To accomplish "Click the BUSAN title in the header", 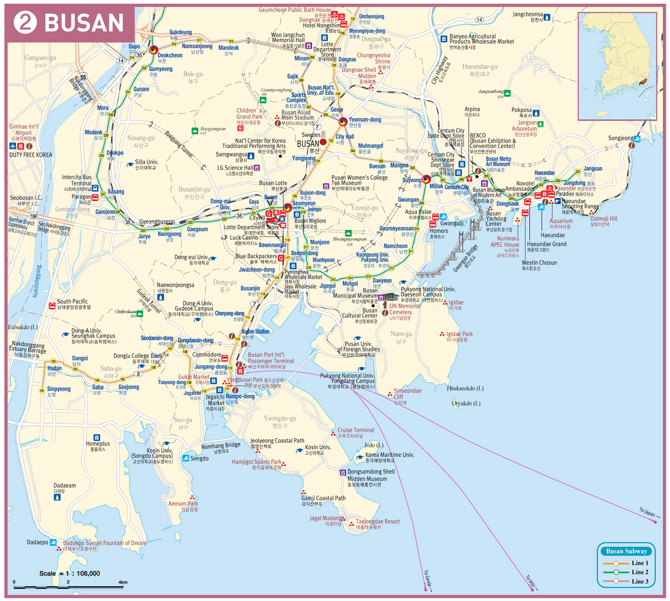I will [84, 23].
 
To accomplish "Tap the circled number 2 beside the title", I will [25, 23].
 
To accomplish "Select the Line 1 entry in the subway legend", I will [626, 563].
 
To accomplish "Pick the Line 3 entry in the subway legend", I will [626, 581].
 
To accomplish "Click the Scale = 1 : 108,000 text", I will [69, 573].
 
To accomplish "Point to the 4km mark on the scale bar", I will [123, 582].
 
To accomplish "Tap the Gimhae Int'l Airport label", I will [24, 130].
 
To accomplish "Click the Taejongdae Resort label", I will [377, 521].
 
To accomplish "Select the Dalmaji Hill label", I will [603, 219].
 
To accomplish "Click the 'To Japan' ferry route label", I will [647, 512].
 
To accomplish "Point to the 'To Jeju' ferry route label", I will [530, 580].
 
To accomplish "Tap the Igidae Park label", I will [459, 334].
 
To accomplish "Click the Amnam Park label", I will [183, 504].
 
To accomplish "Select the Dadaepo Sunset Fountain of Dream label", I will [105, 543].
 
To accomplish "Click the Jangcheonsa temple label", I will [528, 14].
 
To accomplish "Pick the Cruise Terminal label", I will [356, 430].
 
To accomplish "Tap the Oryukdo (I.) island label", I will [466, 403].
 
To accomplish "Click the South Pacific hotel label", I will [72, 302].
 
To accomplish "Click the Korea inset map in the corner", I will [617, 66].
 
